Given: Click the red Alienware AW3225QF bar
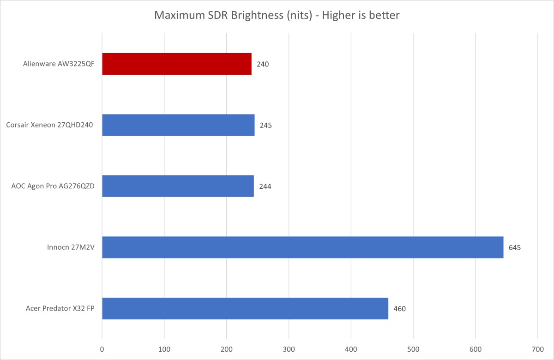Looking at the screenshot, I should pos(177,64).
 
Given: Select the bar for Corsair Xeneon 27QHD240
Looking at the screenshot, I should pos(178,125).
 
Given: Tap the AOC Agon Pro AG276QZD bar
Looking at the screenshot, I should pos(178,186).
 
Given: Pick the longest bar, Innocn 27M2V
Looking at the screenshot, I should pos(302,247).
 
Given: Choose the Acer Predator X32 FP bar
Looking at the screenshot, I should pos(245,308).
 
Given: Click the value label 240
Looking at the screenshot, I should pos(263,64).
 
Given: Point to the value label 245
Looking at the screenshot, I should pos(265,125).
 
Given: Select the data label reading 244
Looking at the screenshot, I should pos(265,186).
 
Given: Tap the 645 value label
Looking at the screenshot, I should pos(515,247).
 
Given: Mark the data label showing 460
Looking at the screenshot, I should pos(399,309).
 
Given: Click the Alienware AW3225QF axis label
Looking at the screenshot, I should pos(59,64).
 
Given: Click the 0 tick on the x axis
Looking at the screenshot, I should pos(102,349).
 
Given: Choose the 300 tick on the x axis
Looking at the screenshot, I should pos(289,349).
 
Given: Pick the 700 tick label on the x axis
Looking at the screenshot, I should pos(538,349).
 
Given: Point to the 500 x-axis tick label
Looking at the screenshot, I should pos(413,349).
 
